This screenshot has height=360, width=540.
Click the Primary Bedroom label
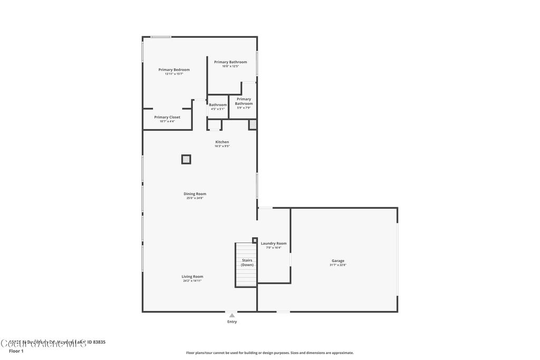tap(174, 70)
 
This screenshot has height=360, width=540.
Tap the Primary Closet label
tap(167, 117)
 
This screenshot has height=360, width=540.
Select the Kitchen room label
tap(222, 142)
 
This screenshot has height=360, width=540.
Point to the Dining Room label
tap(195, 194)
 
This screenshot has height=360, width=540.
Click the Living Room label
tap(192, 276)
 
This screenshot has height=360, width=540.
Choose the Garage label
tap(338, 260)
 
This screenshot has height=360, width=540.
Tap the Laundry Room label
tap(274, 243)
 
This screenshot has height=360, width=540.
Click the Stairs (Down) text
tap(247, 262)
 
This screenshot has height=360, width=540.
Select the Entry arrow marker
tap(232, 315)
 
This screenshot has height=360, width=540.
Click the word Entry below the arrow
tap(232, 322)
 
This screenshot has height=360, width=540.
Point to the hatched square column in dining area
tap(186, 159)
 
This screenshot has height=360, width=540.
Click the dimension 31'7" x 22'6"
tap(338, 265)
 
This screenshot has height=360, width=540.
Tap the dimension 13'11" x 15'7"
tap(174, 74)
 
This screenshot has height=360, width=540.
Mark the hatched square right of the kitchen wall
tap(253, 124)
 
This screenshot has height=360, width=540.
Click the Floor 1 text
tap(16, 351)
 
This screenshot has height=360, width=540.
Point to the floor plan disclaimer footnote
tap(269, 353)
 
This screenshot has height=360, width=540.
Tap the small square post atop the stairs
tap(255, 240)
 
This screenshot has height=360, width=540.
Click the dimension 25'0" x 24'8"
tap(195, 198)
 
